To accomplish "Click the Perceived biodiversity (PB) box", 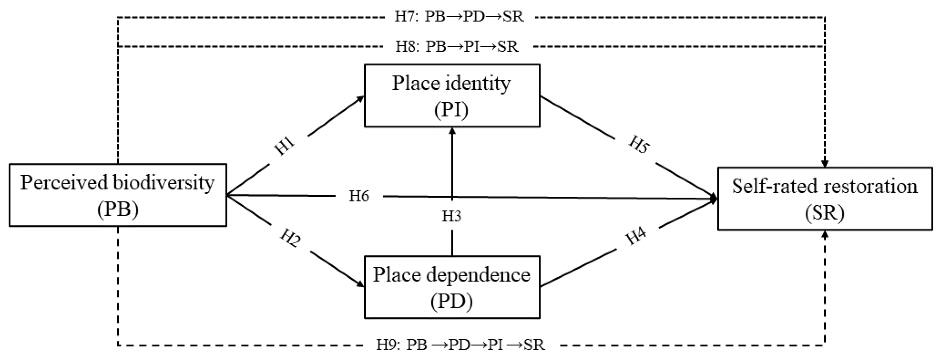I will point(118,195).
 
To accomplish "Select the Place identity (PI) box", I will point(452,96).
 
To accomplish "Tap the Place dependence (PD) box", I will point(452,287).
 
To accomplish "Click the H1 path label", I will point(284,146).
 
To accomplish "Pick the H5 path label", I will point(638,145).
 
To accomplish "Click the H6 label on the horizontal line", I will point(359,196).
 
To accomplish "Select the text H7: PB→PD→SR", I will point(459,17).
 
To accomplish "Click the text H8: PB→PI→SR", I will point(457,47).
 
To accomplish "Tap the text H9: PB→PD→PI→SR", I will point(460,345).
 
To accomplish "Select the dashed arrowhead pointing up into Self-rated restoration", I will point(825,234).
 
